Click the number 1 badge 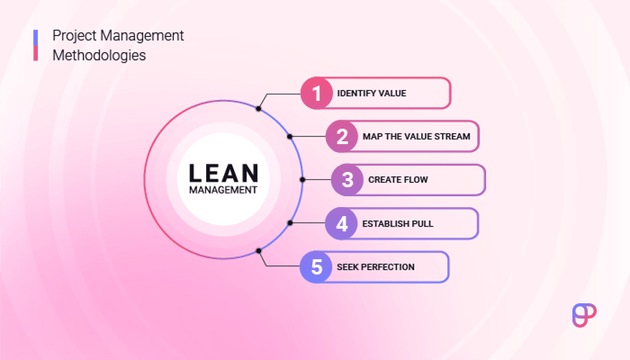(x=316, y=93)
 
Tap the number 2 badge (x=342, y=137)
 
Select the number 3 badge (x=347, y=180)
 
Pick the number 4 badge (x=342, y=223)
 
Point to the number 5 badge (x=316, y=267)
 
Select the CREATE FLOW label (x=398, y=180)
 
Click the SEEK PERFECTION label (x=377, y=267)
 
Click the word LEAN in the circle (x=223, y=172)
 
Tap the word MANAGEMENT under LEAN (x=223, y=190)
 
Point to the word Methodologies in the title (x=99, y=55)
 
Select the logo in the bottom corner (x=585, y=313)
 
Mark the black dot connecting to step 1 (x=258, y=109)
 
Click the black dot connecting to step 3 (x=302, y=180)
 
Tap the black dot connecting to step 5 (x=258, y=250)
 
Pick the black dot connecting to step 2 (x=290, y=137)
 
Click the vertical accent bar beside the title (x=35, y=45)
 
